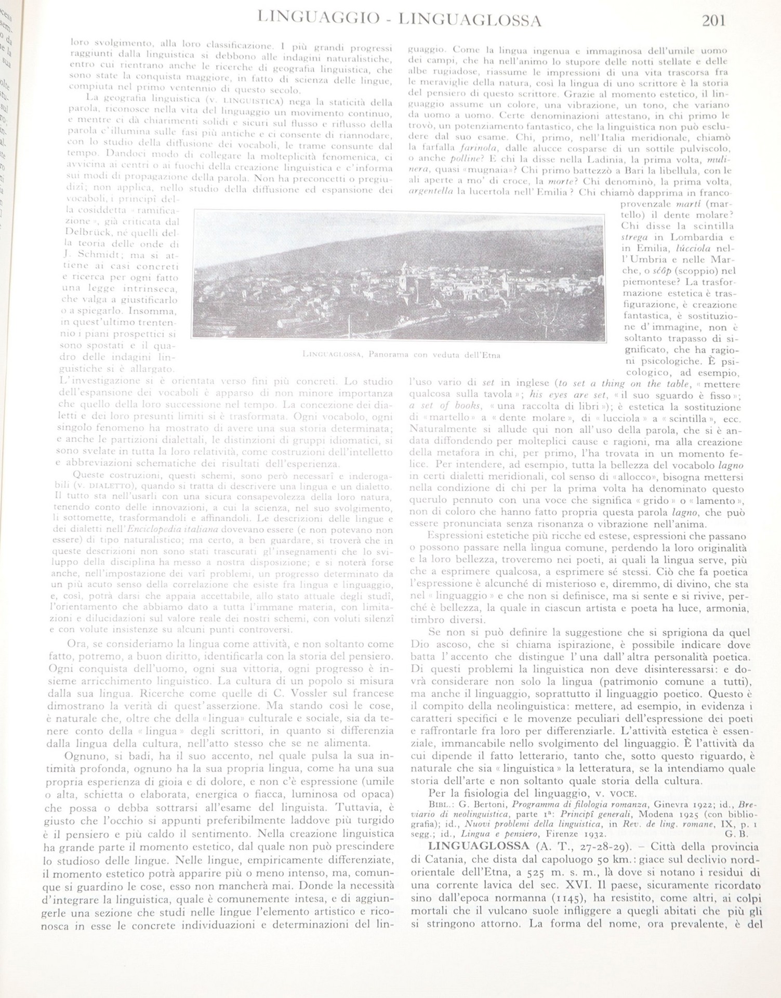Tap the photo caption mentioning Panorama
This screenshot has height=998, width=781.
click(x=400, y=354)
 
